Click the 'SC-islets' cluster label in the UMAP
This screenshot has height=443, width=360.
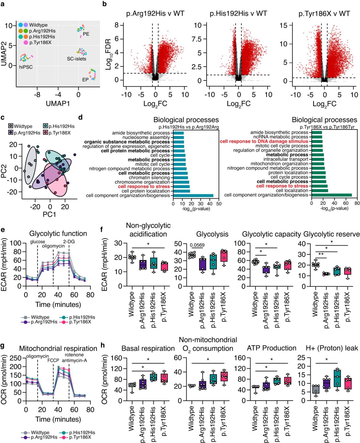click(77, 59)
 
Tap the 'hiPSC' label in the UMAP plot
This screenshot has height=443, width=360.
click(26, 67)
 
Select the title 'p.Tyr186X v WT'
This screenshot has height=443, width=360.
click(324, 14)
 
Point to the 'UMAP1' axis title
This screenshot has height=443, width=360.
click(58, 103)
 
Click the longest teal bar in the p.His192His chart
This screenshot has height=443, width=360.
click(193, 196)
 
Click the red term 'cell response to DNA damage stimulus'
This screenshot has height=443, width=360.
click(264, 141)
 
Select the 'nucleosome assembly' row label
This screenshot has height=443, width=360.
click(146, 137)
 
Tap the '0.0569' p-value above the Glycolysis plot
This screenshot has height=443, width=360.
click(197, 245)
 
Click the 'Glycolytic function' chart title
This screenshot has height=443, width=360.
click(58, 233)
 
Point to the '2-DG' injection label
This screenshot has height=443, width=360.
click(69, 242)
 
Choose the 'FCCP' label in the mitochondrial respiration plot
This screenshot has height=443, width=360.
click(53, 360)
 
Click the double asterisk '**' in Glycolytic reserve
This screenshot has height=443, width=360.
click(321, 254)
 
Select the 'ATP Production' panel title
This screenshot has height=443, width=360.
click(271, 348)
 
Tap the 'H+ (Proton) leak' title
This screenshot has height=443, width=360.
click(332, 348)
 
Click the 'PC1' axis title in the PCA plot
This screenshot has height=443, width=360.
click(50, 214)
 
